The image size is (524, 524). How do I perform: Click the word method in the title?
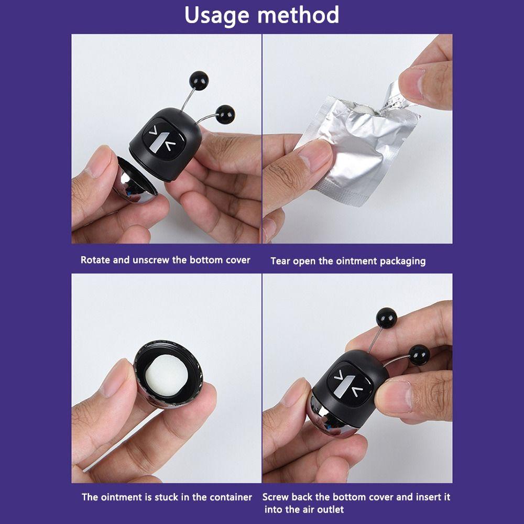click(298, 15)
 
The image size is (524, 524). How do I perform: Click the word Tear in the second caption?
click(280, 260)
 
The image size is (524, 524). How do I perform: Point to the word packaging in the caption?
click(402, 261)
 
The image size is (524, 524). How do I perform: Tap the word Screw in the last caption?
click(276, 497)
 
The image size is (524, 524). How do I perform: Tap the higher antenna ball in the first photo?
click(199, 80)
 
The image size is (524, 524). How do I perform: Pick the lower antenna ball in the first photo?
click(225, 114)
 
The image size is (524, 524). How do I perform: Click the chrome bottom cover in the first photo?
click(135, 181)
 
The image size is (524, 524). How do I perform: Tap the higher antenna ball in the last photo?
click(387, 318)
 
